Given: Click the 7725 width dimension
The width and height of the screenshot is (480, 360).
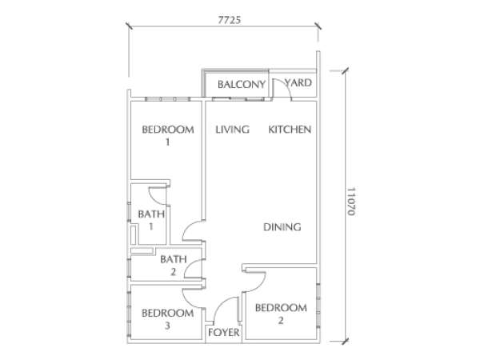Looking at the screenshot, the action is [x=230, y=20].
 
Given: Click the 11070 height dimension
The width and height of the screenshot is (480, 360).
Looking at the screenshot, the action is [x=351, y=202].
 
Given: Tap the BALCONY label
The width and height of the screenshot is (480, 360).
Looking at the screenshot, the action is [x=242, y=84].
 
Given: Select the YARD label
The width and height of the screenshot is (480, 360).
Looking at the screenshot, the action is [x=298, y=82].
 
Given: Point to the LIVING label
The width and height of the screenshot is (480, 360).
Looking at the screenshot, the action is [x=232, y=130].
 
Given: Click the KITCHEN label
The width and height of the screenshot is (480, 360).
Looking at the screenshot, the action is [x=290, y=130].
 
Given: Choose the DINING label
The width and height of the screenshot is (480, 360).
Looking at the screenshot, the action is [x=282, y=227].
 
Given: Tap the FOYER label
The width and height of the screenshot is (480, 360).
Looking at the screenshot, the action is [x=224, y=332].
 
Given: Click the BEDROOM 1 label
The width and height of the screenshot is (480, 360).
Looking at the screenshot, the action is [x=168, y=136].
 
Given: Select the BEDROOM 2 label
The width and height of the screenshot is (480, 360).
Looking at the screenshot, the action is [x=281, y=314].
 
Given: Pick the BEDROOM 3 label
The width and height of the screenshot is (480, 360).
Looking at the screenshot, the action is [x=168, y=319].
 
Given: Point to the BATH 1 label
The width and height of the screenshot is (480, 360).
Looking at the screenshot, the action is [x=151, y=220].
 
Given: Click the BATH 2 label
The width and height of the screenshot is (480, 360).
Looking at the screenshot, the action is [x=174, y=266].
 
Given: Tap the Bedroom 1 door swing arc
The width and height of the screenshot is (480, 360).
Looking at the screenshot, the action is [x=188, y=226].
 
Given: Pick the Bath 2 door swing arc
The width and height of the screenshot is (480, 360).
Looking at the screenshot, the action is [x=189, y=265].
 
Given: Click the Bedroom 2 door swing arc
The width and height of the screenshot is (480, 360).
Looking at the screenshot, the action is [x=260, y=286].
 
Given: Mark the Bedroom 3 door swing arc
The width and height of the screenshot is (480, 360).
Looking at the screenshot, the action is [x=188, y=302].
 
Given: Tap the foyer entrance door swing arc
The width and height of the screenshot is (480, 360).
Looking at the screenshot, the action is [x=219, y=304].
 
